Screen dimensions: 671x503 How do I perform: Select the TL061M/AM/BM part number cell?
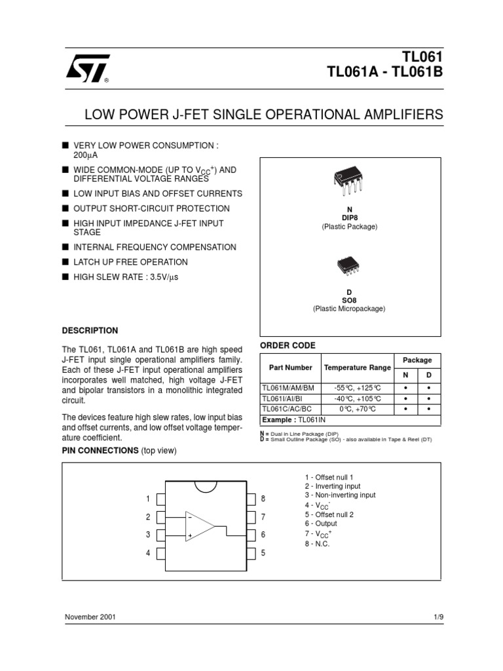[x=288, y=388]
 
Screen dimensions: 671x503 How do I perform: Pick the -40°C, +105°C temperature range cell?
[x=357, y=398]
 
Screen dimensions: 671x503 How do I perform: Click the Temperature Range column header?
[x=358, y=368]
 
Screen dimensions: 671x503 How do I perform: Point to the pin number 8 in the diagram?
[x=263, y=499]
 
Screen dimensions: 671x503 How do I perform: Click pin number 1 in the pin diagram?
[x=149, y=499]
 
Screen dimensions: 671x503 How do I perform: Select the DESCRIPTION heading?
[x=90, y=330]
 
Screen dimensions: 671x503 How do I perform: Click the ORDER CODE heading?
[x=288, y=345]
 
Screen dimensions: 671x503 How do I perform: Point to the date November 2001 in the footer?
[x=91, y=618]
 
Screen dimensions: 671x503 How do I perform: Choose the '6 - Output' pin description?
[x=321, y=524]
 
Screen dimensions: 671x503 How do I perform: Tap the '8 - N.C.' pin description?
[x=318, y=543]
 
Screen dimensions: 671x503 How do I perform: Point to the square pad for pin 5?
[x=250, y=553]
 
